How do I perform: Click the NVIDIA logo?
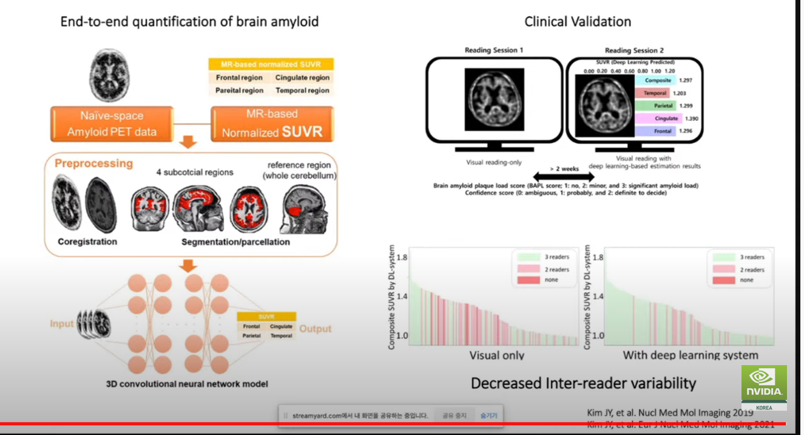(x=763, y=384)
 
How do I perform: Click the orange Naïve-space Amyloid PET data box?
(x=112, y=125)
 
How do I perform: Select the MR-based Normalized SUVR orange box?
(x=272, y=125)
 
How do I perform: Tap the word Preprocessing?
(x=93, y=163)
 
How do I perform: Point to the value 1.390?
(x=691, y=118)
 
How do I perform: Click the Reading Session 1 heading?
(x=494, y=50)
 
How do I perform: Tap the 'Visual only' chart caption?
(x=496, y=355)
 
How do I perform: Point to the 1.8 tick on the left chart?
(x=401, y=257)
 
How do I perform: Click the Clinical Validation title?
(x=578, y=22)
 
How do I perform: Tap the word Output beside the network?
(x=315, y=329)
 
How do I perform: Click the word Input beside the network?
(x=61, y=324)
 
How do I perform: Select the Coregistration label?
(x=87, y=241)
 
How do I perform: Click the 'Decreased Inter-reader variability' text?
(x=583, y=383)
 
